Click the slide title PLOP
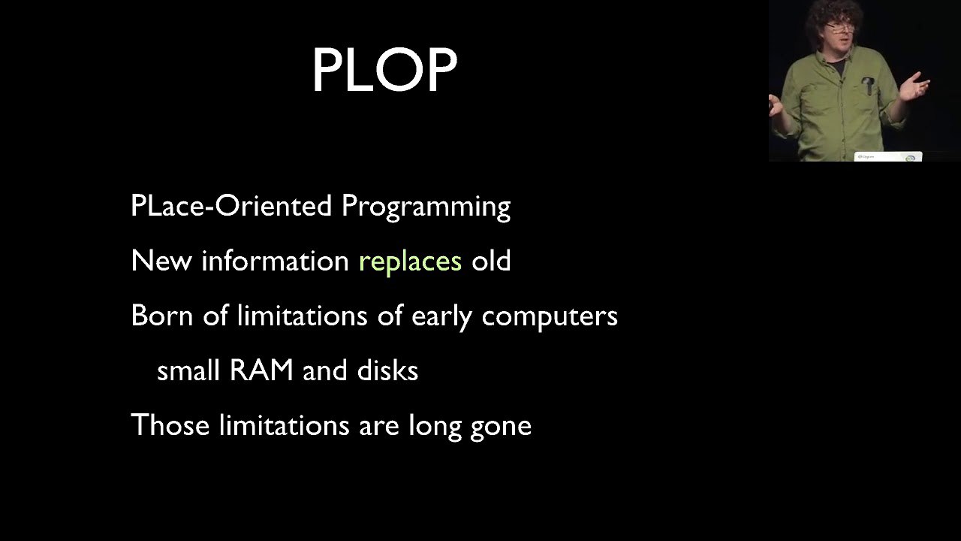pyautogui.click(x=384, y=69)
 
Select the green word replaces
pyautogui.click(x=410, y=261)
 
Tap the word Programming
pyautogui.click(x=426, y=207)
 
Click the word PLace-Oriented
pyautogui.click(x=231, y=205)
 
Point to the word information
pyautogui.click(x=275, y=260)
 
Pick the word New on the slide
pyautogui.click(x=161, y=260)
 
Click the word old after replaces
pyautogui.click(x=491, y=260)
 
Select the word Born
pyautogui.click(x=161, y=315)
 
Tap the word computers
pyautogui.click(x=550, y=317)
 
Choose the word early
pyautogui.click(x=441, y=317)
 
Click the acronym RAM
pyautogui.click(x=261, y=370)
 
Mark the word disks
pyautogui.click(x=387, y=370)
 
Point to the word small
pyautogui.click(x=188, y=370)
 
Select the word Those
pyautogui.click(x=170, y=425)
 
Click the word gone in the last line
pyautogui.click(x=501, y=428)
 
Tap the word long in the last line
pyautogui.click(x=435, y=427)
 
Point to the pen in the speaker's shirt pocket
pyautogui.click(x=869, y=86)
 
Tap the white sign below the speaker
pyautogui.click(x=888, y=157)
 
